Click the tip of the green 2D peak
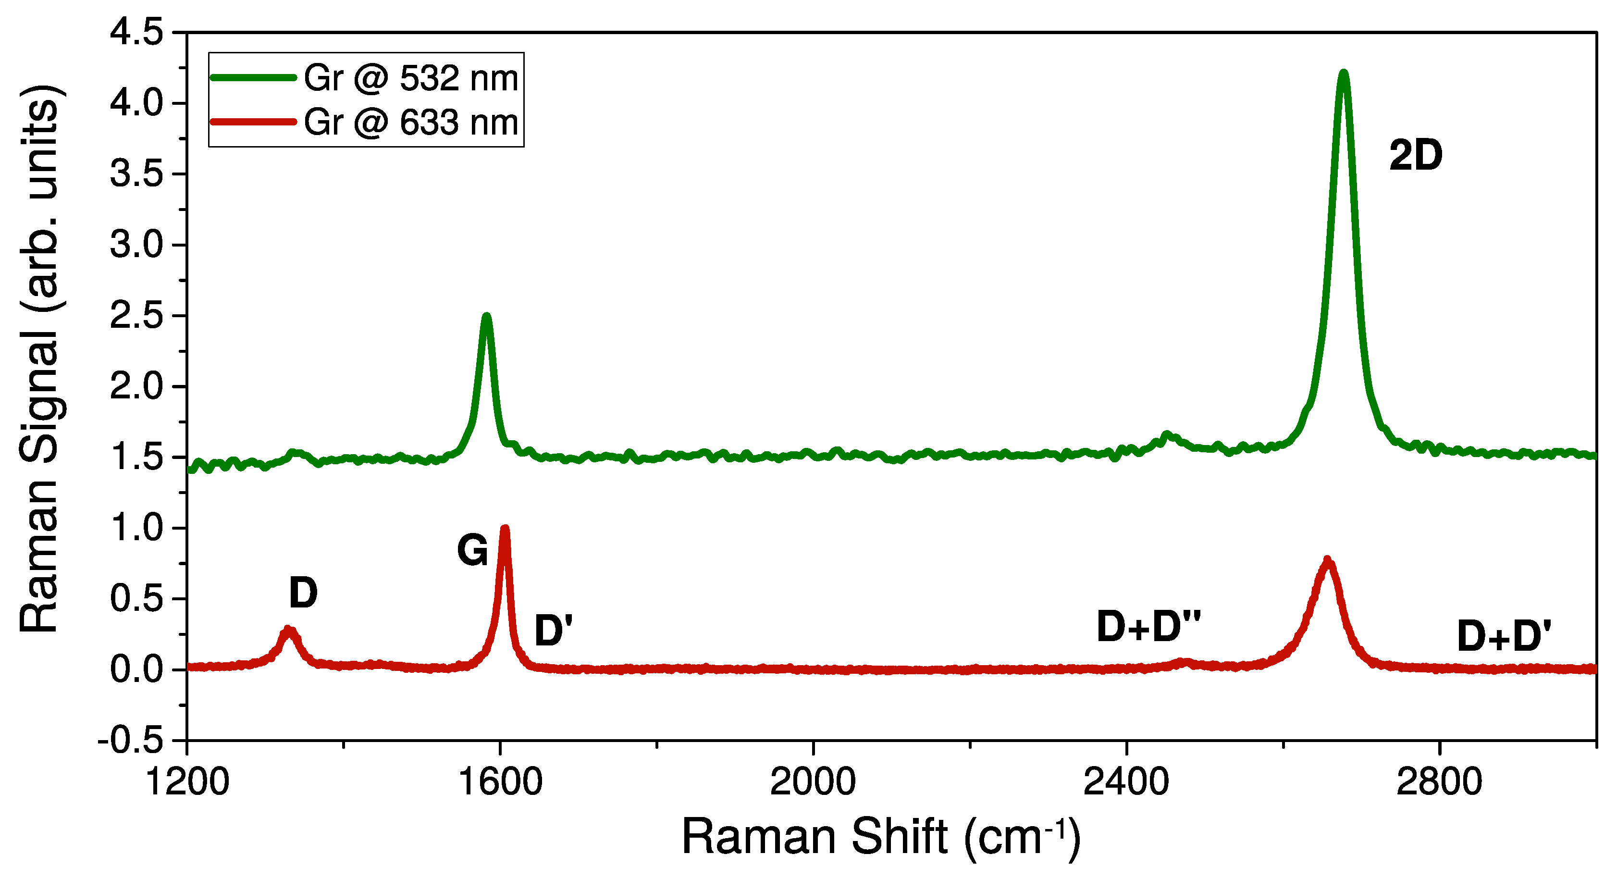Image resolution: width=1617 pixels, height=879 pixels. point(1343,74)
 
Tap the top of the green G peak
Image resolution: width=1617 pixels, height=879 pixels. point(486,316)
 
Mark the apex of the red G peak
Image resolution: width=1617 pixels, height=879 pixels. point(505,529)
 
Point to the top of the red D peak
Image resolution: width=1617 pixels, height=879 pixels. point(288,629)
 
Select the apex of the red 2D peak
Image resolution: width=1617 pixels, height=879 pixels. point(1327,560)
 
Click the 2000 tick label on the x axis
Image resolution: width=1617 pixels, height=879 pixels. point(813,782)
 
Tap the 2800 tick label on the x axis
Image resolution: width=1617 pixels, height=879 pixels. point(1439,782)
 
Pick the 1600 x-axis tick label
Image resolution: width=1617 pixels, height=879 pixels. point(500,782)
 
